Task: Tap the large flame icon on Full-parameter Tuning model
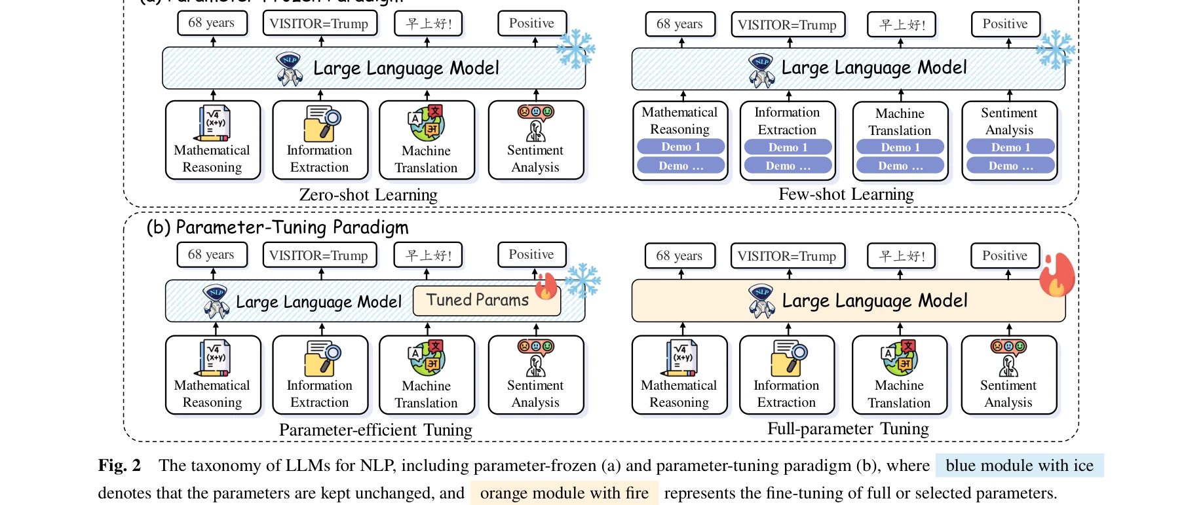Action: [1056, 275]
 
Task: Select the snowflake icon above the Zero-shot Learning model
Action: [575, 49]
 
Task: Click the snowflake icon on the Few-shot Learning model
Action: [1055, 50]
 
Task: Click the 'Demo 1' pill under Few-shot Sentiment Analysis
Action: [1010, 147]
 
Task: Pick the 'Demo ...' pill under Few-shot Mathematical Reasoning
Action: [680, 166]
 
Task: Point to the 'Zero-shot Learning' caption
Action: [368, 195]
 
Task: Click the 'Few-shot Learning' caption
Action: [845, 195]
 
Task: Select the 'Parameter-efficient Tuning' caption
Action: [375, 430]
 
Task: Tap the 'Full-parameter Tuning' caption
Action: [848, 429]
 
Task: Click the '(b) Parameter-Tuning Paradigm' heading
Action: [277, 227]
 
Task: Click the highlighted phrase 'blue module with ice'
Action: [1019, 466]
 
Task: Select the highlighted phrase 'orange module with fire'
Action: [563, 493]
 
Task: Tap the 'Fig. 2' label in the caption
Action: [119, 466]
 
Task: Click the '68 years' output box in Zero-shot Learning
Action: [212, 23]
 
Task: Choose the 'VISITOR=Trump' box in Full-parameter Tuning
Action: [787, 256]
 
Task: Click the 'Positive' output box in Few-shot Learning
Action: [1004, 24]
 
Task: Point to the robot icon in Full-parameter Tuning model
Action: [761, 301]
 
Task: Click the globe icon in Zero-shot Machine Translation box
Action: [427, 123]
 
